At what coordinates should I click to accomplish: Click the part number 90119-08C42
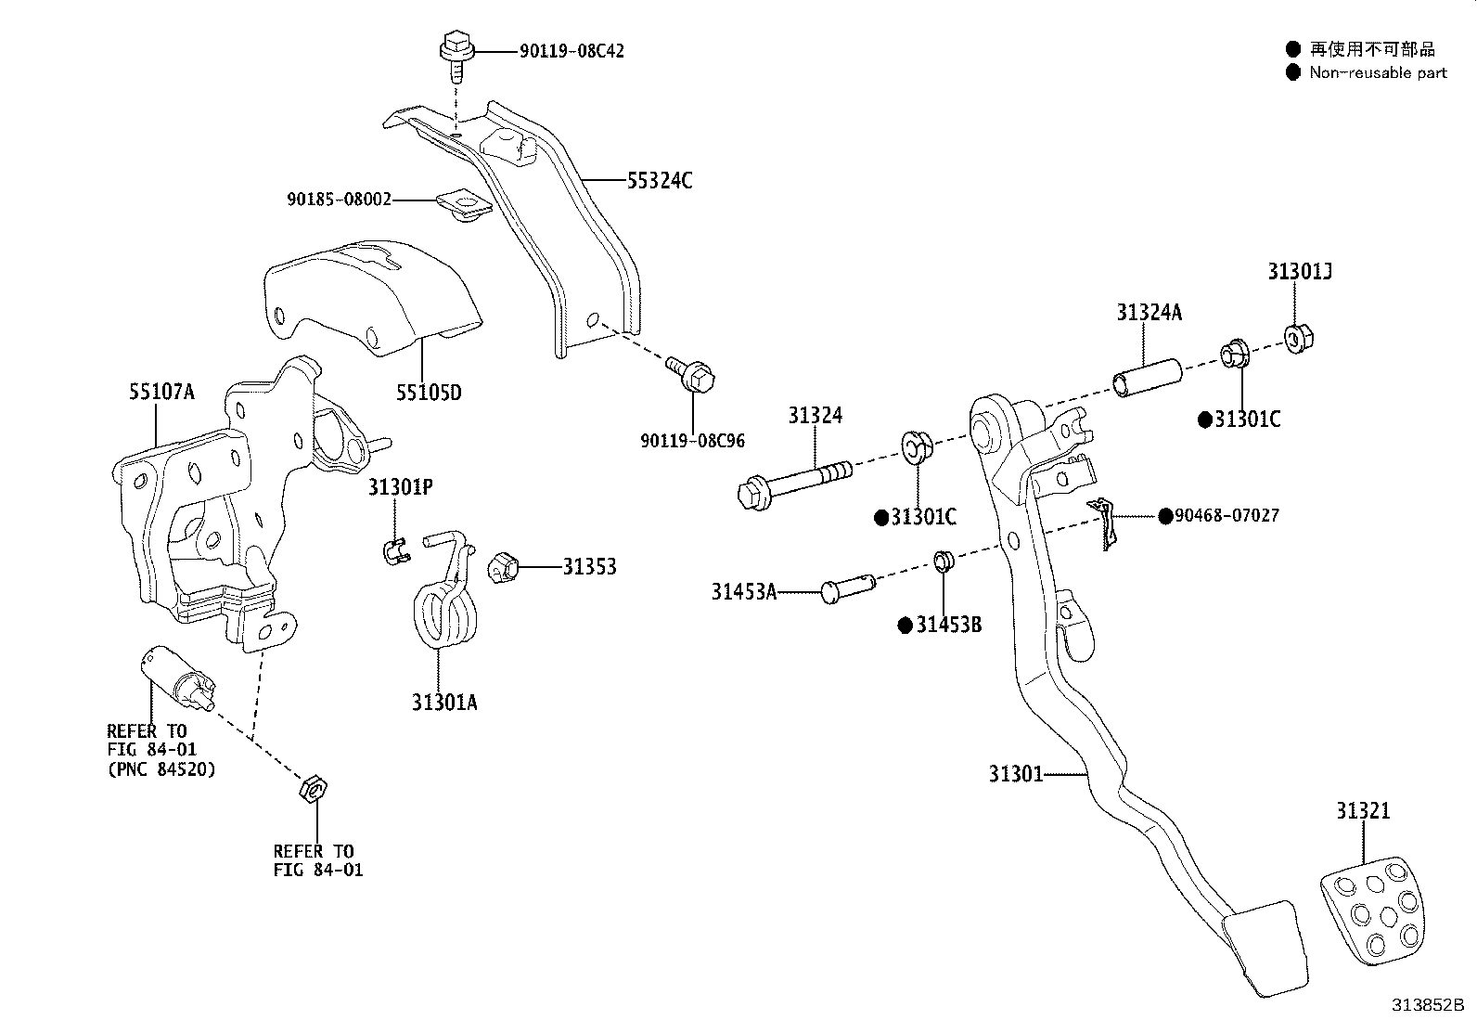[x=571, y=51]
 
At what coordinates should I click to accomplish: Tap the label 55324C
[x=660, y=181]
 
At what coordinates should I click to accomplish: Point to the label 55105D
[x=428, y=393]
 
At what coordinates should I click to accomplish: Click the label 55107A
[x=161, y=392]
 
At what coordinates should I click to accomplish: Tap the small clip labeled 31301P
[x=396, y=549]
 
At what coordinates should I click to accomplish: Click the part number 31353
[x=589, y=567]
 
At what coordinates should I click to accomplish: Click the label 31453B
[x=948, y=626]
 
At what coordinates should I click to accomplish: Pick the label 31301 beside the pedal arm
[x=1016, y=773]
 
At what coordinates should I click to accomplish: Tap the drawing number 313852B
[x=1426, y=1005]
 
